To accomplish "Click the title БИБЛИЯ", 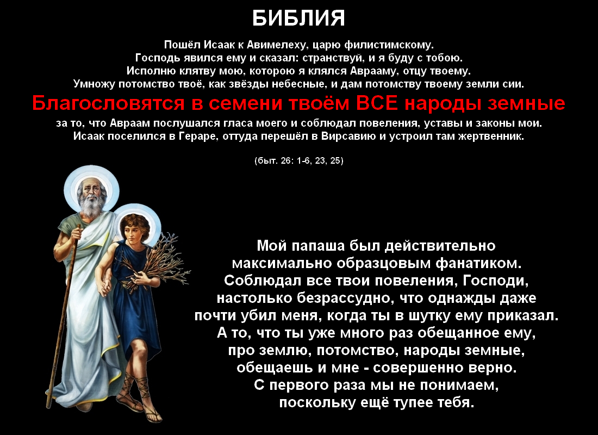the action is coord(298,18).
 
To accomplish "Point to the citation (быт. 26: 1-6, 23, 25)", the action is coord(298,160).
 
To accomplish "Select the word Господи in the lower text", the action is coord(495,281).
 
